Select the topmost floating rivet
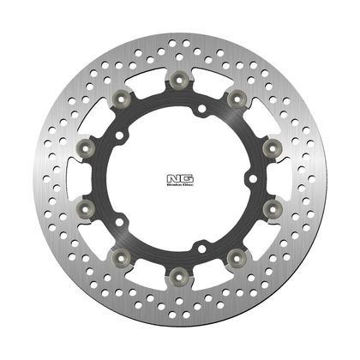pyautogui.click(x=179, y=80)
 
